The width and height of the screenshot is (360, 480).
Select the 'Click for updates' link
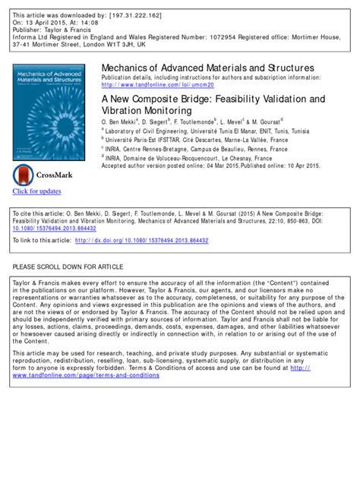point(37,191)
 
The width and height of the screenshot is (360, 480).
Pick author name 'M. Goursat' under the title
point(257,122)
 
